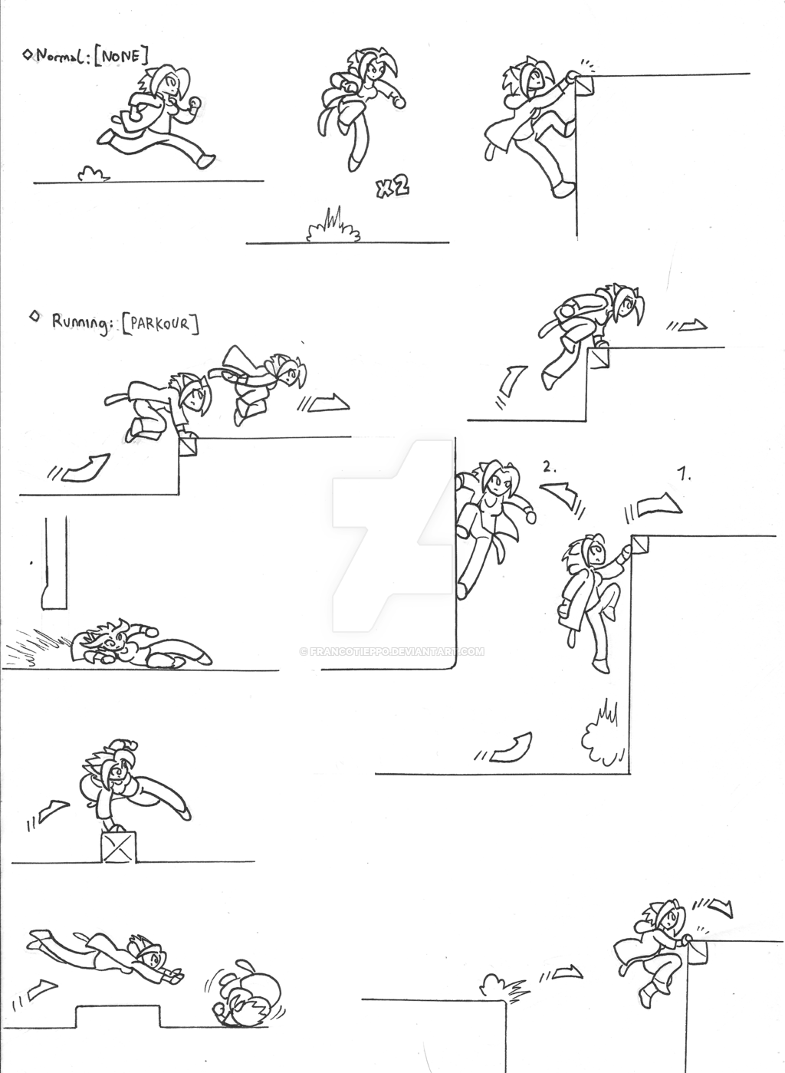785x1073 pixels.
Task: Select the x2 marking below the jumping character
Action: tap(392, 186)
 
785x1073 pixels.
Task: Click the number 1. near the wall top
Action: tap(685, 476)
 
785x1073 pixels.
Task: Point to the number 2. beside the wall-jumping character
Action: tap(548, 466)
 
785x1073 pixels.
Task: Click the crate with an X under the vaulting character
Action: tap(117, 847)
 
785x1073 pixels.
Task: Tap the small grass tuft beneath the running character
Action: tap(93, 174)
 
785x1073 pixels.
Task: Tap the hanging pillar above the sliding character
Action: tap(55, 564)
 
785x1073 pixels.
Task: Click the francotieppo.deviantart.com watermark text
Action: tap(392, 651)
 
